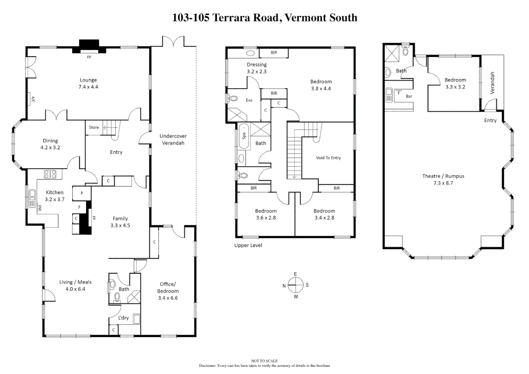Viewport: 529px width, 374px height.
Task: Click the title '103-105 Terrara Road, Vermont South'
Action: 264,18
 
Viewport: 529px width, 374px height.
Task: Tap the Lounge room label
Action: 88,83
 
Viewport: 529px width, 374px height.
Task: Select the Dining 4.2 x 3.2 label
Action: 50,144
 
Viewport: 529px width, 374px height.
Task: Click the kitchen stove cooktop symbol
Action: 50,174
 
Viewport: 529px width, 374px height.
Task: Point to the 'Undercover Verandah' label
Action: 173,140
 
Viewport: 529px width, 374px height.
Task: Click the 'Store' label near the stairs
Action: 94,127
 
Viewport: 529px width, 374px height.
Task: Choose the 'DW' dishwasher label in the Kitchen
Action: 40,208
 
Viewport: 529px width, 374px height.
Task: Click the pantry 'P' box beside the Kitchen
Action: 82,193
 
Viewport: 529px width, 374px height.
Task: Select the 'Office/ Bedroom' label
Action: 168,291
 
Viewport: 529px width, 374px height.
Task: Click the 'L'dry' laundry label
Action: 123,318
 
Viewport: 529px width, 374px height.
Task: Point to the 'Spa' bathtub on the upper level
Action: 244,136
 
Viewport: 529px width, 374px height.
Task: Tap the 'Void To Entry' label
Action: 328,158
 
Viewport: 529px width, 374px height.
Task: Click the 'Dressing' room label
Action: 257,68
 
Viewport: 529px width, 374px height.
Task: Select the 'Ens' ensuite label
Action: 249,100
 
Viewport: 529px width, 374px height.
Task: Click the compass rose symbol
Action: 296,285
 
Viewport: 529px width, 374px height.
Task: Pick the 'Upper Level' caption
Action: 248,246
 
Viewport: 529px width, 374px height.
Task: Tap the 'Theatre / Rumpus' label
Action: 443,179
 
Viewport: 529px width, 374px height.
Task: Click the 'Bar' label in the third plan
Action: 409,97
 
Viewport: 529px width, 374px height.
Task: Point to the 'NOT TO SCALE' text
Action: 264,361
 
